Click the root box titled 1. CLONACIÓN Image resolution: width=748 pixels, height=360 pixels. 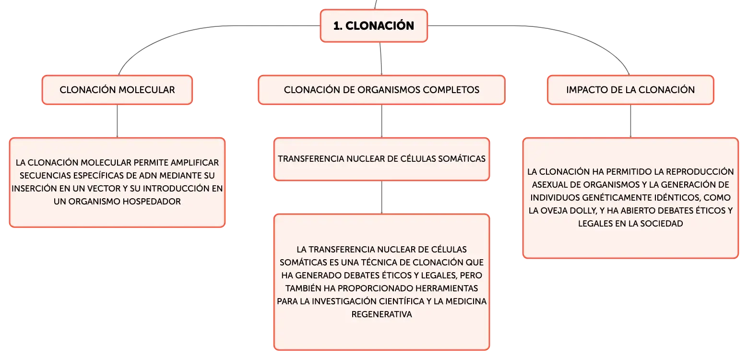374,26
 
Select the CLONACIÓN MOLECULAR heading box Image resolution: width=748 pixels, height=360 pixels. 117,90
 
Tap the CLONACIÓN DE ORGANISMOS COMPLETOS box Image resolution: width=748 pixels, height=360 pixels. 382,90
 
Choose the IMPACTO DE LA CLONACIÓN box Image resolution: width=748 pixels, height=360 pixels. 630,90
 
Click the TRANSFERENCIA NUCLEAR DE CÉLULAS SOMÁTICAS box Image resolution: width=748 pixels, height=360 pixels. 382,159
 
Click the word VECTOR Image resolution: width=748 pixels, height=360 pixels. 104,189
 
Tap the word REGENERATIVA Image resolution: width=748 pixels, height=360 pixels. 382,314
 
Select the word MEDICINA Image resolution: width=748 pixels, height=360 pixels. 466,301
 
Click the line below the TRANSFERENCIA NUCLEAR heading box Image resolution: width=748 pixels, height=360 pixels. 382,197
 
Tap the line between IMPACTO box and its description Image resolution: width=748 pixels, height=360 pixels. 630,121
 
